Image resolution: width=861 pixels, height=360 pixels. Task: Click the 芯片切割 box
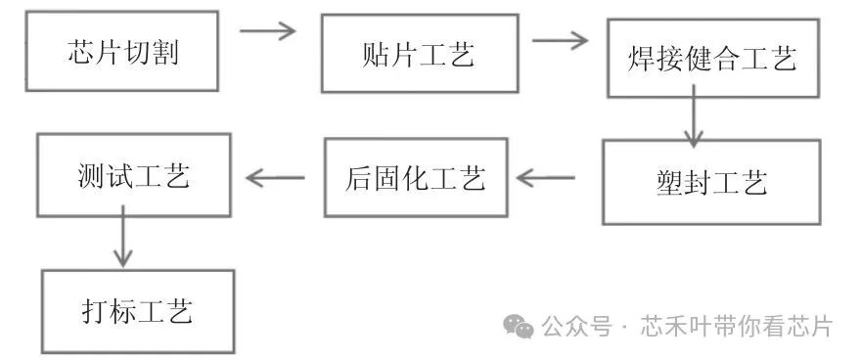(x=122, y=51)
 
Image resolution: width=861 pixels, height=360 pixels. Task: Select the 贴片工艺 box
(x=418, y=54)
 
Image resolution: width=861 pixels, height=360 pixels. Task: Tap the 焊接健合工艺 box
(x=711, y=59)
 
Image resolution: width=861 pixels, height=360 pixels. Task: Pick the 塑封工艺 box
(x=710, y=182)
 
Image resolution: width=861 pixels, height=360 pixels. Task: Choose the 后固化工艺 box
(x=415, y=177)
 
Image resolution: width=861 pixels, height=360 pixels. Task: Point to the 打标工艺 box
(x=138, y=312)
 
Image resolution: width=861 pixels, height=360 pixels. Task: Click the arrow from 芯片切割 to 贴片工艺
(x=268, y=30)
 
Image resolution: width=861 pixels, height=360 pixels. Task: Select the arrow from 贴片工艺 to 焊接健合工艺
(x=560, y=40)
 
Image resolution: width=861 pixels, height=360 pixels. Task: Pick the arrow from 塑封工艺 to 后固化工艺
(x=546, y=178)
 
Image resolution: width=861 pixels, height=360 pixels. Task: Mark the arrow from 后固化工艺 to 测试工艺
(x=275, y=177)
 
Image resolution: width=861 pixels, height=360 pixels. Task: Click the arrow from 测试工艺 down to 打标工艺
(x=122, y=241)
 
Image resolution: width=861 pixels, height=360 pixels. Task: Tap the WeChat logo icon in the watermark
(x=519, y=325)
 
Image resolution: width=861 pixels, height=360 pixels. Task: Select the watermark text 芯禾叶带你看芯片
(x=736, y=326)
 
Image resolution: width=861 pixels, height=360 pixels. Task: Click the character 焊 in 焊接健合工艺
(x=641, y=59)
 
